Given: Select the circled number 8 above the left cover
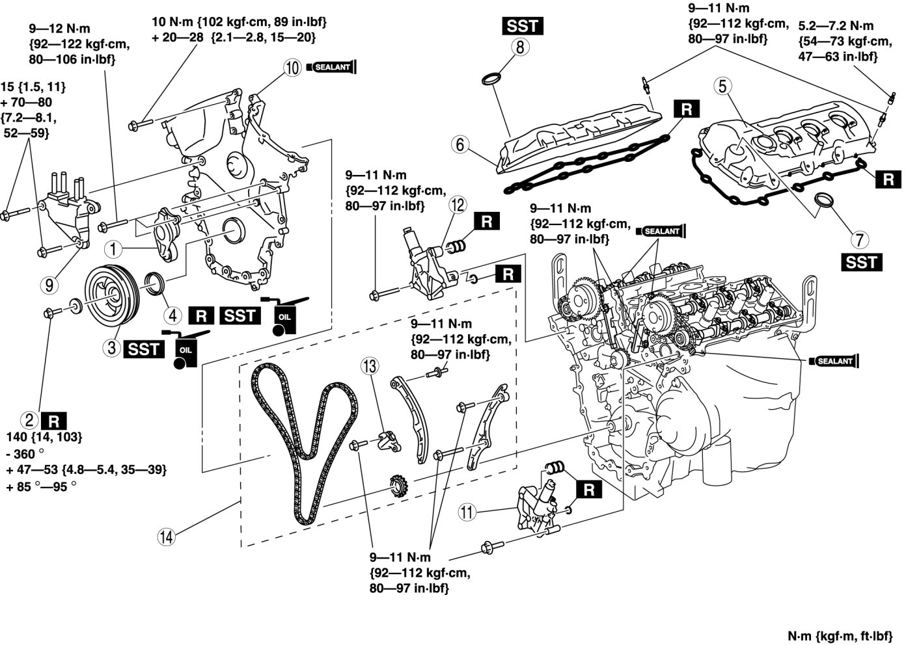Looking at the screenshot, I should (521, 47).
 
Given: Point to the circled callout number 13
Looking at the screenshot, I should (370, 367).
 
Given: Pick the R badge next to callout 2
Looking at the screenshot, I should (53, 419).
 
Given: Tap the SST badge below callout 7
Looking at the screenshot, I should (861, 262).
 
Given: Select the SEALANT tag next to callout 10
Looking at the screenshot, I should (332, 67).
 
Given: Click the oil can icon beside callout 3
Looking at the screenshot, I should (185, 349).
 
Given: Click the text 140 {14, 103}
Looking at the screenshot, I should (44, 437).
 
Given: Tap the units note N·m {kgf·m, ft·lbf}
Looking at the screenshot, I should (844, 635).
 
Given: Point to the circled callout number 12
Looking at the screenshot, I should (458, 205).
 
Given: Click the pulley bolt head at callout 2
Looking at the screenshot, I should (51, 313).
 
